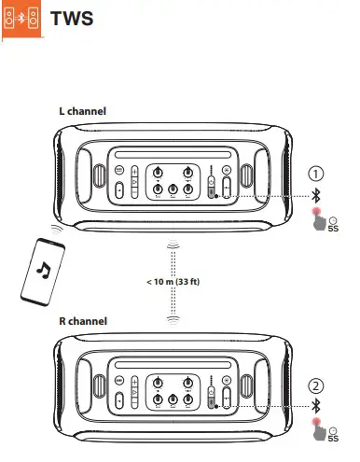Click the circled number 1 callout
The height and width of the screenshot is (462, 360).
point(317,174)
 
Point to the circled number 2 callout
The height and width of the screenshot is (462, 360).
point(317,384)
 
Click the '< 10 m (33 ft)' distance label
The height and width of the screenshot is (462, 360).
point(173,281)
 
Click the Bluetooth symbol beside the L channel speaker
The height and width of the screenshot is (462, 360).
point(316,195)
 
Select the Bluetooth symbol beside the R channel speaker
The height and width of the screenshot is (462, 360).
point(316,406)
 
